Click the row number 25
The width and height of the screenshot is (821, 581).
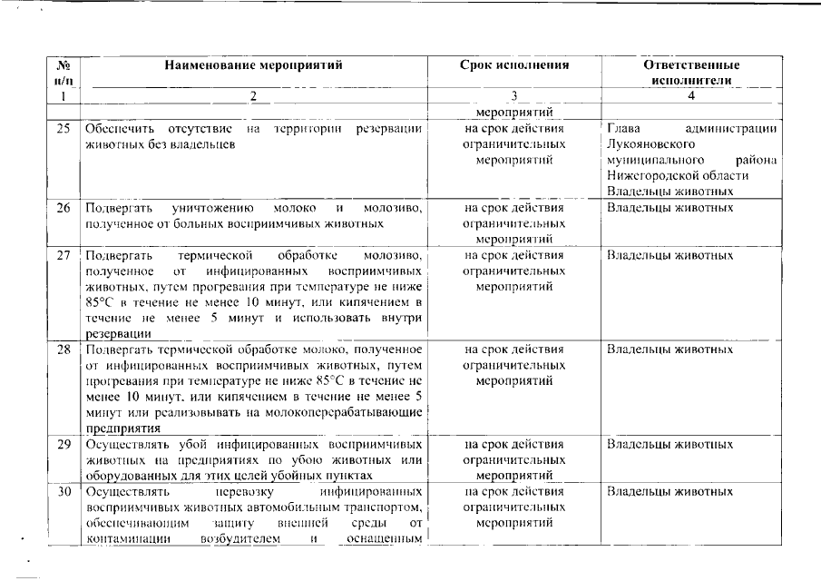[64, 128]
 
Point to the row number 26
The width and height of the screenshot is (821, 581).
[64, 207]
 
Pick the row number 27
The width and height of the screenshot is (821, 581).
[64, 255]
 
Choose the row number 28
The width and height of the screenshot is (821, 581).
[64, 349]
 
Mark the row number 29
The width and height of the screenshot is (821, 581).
[64, 445]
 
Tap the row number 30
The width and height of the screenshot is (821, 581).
[64, 492]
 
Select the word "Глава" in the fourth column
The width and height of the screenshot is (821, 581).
[624, 128]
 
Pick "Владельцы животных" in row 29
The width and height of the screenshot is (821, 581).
[670, 445]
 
